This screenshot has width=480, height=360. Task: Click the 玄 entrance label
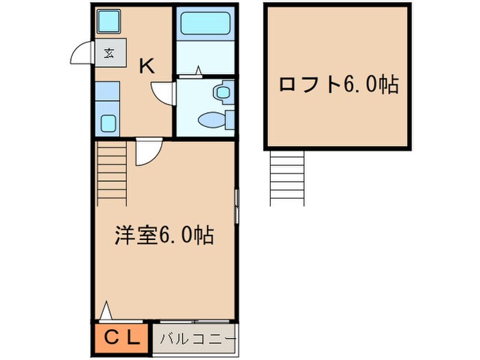[x=110, y=52]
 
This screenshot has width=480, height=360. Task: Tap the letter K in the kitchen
[x=147, y=67]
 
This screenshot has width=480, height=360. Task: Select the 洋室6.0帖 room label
[x=163, y=235]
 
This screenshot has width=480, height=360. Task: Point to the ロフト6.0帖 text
[x=339, y=84]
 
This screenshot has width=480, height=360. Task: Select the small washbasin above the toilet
[x=223, y=91]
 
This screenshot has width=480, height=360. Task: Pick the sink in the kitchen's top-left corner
[x=109, y=23]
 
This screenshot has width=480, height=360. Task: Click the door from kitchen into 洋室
[x=148, y=152]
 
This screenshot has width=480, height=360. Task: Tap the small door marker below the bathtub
[x=198, y=70]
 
